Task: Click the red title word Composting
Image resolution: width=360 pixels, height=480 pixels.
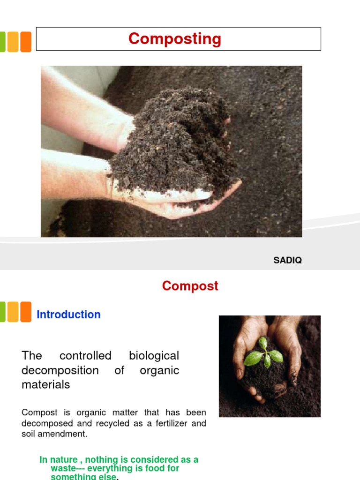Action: click(175, 39)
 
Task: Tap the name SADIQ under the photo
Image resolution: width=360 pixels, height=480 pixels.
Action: click(287, 261)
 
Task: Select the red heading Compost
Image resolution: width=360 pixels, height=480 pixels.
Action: click(190, 286)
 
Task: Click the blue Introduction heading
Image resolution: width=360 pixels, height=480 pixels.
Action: click(68, 315)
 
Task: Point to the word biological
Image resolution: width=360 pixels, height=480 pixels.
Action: click(154, 356)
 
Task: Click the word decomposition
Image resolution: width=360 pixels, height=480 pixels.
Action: click(60, 370)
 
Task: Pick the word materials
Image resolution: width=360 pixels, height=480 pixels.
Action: click(45, 385)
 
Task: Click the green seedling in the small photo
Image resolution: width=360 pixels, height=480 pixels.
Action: click(264, 354)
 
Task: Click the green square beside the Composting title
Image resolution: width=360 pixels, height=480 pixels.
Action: click(2, 42)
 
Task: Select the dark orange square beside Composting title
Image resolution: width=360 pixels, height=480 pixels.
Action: click(25, 42)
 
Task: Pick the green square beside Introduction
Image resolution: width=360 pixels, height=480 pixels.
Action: click(2, 312)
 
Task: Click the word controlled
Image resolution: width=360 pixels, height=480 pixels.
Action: click(85, 356)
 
